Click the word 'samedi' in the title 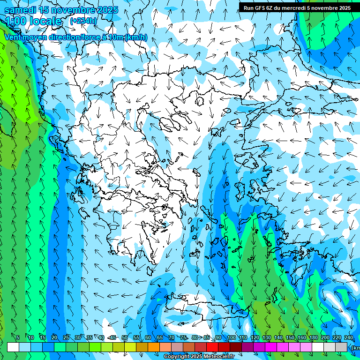21,10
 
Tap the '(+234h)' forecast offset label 83,21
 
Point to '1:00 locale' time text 33,21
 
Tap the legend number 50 124,338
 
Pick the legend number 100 232,338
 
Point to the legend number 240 348,338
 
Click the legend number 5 18,338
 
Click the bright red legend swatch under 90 212,347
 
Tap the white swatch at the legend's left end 13,347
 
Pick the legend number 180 313,338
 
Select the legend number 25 66,338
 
